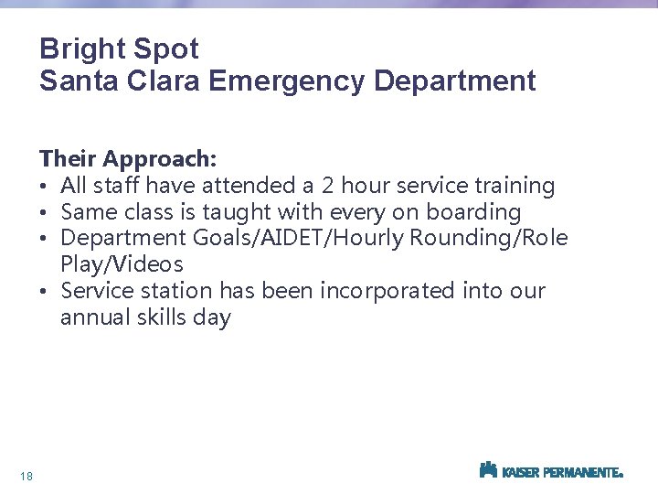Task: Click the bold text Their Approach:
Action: [x=128, y=159]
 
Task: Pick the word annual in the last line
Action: [x=92, y=317]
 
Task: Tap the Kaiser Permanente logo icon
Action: [x=488, y=470]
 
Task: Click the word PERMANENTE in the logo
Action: [x=582, y=473]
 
